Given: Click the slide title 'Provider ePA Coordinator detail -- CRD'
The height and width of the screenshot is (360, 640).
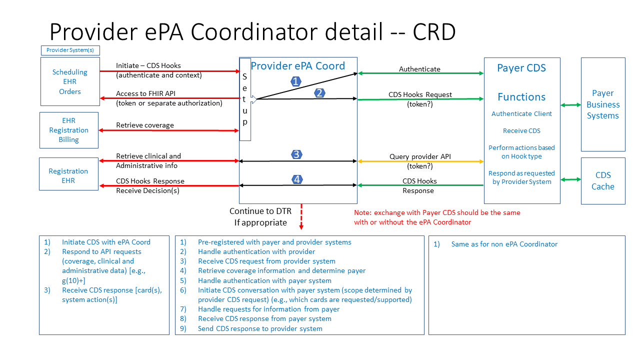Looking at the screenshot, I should click(252, 32).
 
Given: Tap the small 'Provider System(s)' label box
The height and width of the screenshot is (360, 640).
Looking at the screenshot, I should click(70, 50).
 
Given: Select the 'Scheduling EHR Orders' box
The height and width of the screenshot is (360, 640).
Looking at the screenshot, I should click(70, 81).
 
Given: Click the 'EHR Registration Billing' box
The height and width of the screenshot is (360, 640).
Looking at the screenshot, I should click(69, 130).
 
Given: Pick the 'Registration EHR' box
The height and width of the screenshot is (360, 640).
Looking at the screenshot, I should click(68, 175).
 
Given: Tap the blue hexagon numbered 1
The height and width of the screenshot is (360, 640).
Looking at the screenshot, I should click(296, 81).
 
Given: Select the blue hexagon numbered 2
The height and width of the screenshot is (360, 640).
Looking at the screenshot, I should click(319, 92).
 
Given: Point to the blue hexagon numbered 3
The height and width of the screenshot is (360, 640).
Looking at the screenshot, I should click(296, 154).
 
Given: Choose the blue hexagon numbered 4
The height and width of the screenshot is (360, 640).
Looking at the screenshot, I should click(297, 179).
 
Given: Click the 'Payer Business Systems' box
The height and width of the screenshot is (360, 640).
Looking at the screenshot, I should click(602, 104).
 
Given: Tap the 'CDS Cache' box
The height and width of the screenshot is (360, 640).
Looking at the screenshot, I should click(602, 180).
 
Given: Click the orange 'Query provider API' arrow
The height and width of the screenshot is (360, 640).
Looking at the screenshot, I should click(420, 161).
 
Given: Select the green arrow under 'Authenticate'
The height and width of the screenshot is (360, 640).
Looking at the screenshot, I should click(420, 73).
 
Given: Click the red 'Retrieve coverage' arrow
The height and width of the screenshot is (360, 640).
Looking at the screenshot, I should click(170, 130).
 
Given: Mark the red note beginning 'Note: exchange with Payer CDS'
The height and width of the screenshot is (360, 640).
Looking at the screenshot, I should click(437, 217).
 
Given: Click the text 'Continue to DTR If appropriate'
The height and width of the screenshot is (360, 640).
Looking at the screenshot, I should click(258, 216).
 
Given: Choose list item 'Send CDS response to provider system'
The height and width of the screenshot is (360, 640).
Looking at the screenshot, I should click(260, 328).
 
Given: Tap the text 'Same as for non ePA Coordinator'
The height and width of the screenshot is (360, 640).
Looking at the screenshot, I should click(504, 244).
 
